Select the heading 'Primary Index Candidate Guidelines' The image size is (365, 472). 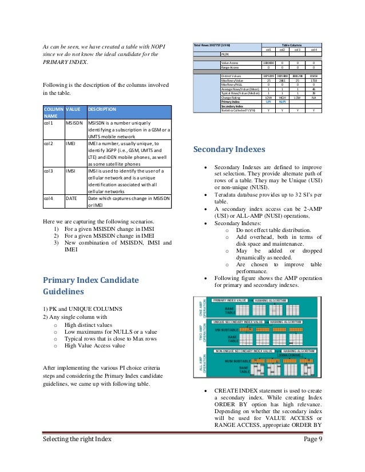(x=91, y=285)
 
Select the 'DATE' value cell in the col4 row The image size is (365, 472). (x=72, y=198)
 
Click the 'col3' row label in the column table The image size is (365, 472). (x=49, y=170)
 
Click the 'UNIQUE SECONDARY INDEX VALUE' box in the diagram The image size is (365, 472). (x=242, y=322)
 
